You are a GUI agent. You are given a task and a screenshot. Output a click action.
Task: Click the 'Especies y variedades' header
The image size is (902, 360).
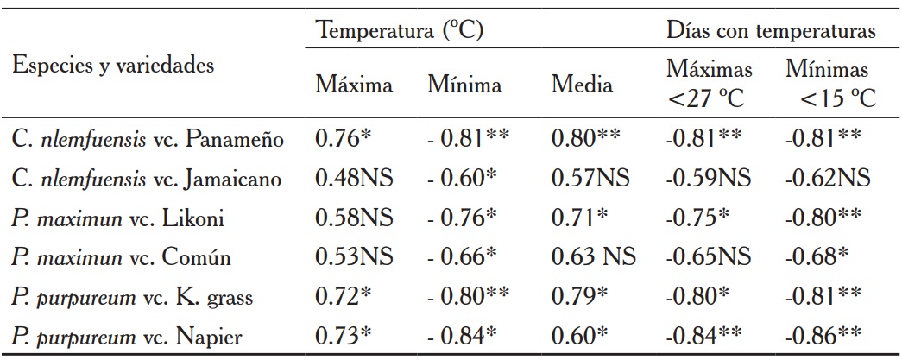(x=114, y=66)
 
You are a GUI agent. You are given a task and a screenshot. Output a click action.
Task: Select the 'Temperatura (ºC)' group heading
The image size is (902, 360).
(x=400, y=31)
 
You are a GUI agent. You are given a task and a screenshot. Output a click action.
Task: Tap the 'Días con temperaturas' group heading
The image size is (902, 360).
(x=772, y=31)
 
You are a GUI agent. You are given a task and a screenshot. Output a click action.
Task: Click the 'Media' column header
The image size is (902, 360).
(x=583, y=85)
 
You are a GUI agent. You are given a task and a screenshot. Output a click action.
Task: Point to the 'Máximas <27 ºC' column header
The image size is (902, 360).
(x=708, y=85)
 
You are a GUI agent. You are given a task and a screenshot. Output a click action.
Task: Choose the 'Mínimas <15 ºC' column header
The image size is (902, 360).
(x=829, y=85)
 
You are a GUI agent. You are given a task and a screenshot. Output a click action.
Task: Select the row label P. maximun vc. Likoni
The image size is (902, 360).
(x=119, y=219)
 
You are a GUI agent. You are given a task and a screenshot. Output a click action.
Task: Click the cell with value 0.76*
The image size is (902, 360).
(x=344, y=139)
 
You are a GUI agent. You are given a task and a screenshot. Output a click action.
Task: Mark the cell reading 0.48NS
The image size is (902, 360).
(x=354, y=180)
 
